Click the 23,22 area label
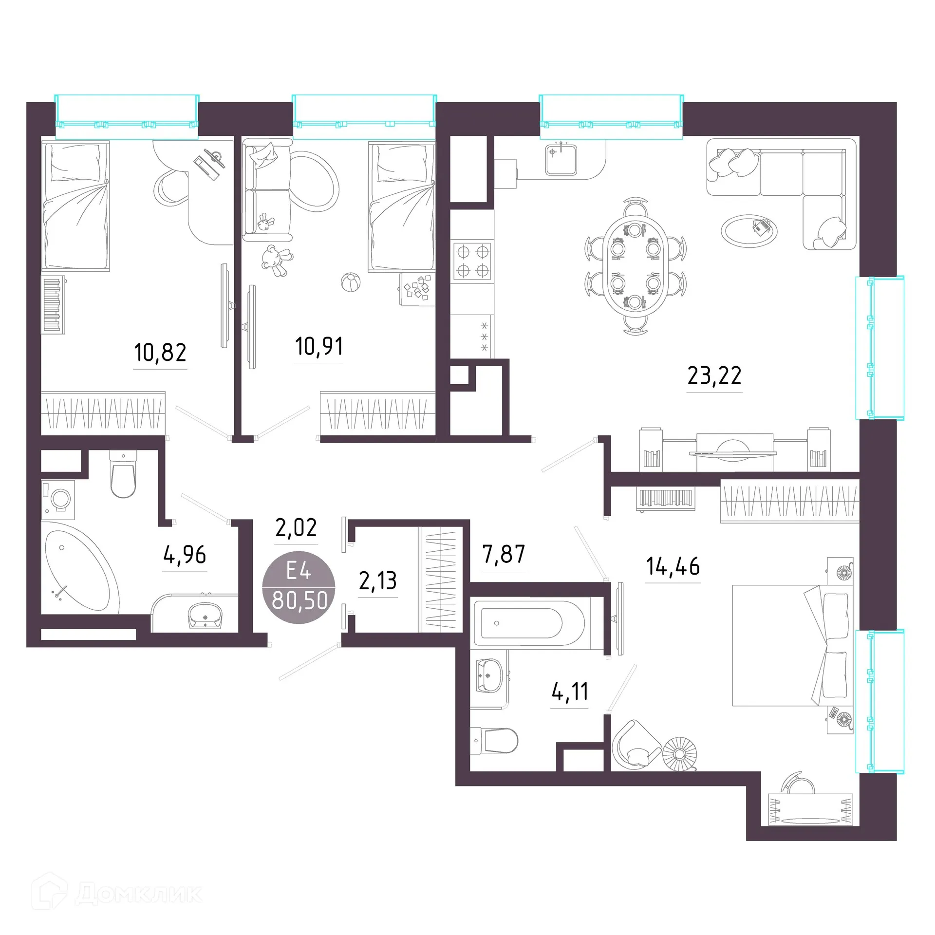714,375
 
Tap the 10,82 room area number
160,352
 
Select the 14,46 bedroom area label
673,566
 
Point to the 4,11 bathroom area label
570,692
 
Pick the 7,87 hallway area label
504,554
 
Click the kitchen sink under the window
561,159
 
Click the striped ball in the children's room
351,282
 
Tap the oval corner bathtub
82,569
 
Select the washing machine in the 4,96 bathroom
58,497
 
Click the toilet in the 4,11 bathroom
494,741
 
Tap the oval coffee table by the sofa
748,231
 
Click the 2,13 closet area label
378,580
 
